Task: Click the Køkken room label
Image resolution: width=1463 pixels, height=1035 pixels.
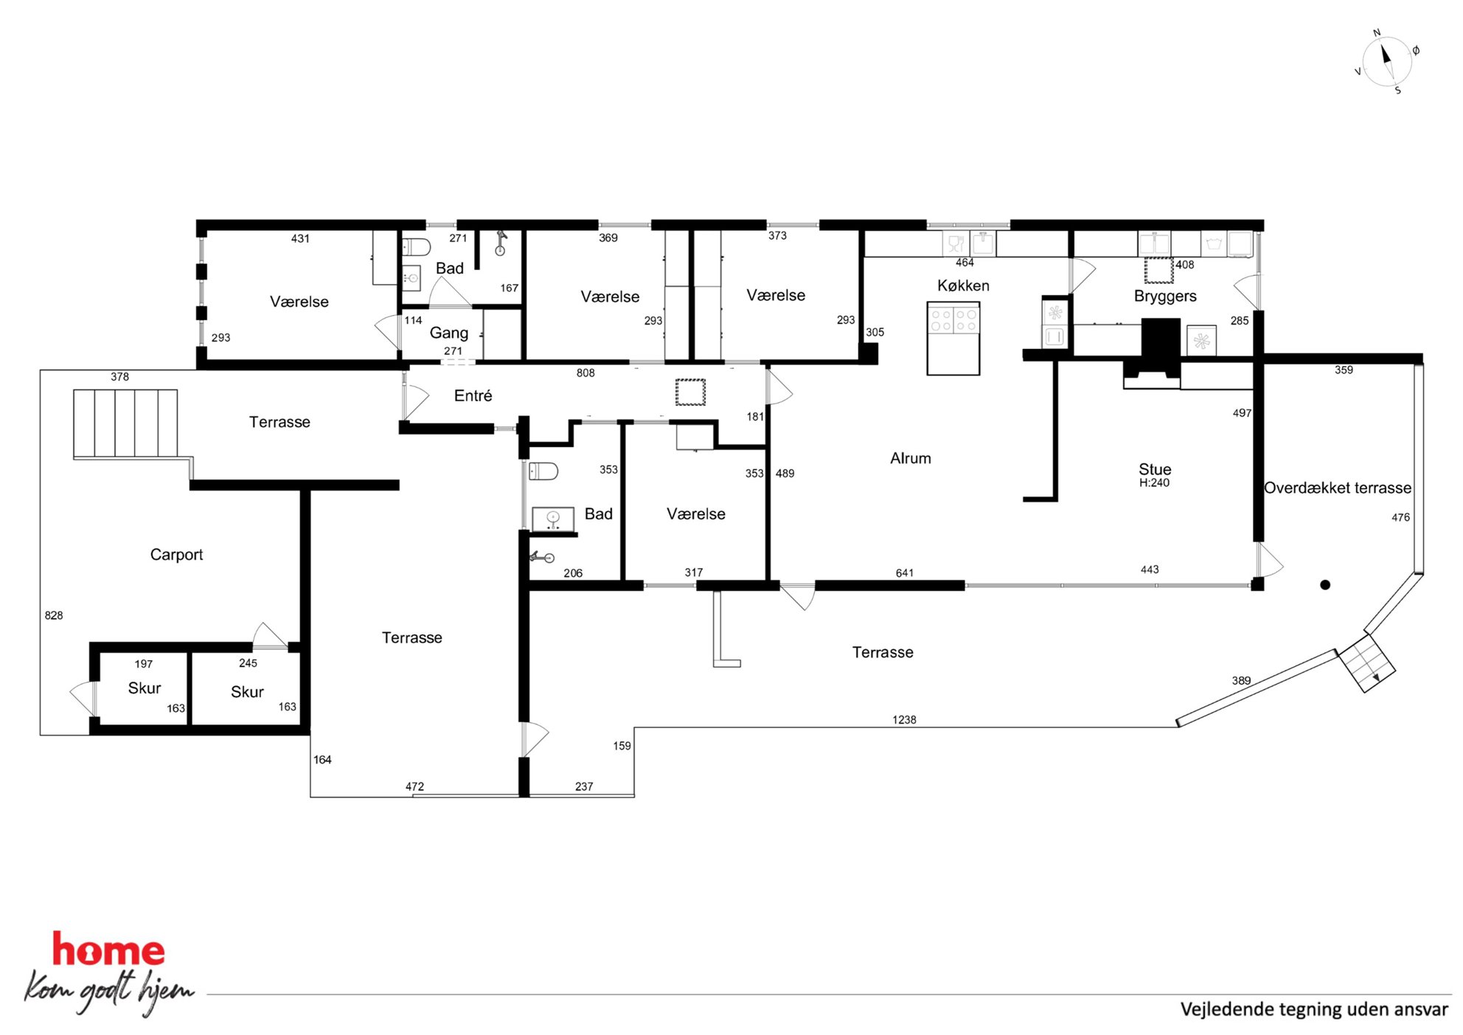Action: [x=963, y=285]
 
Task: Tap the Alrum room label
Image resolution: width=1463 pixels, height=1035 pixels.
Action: [x=910, y=458]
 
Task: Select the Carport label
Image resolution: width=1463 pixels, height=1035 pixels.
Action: [x=176, y=555]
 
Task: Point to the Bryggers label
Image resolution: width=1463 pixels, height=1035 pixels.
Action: [x=1165, y=296]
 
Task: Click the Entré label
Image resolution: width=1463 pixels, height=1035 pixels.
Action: [x=473, y=395]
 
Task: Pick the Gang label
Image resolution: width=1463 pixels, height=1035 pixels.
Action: [x=448, y=333]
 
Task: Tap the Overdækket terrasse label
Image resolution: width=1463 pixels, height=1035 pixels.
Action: [x=1338, y=488]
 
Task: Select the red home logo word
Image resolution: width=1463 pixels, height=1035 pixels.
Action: [x=108, y=949]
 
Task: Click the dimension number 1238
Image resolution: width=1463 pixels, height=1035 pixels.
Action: [x=904, y=720]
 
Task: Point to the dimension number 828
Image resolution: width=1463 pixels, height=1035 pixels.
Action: [x=54, y=615]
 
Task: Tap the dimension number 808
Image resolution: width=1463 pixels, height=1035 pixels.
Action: [x=585, y=373]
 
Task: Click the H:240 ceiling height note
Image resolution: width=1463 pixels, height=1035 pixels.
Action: [x=1154, y=483]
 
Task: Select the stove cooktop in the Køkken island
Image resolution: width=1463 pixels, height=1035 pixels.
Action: [x=953, y=319]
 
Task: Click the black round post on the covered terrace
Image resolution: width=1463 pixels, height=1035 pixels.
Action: [x=1325, y=585]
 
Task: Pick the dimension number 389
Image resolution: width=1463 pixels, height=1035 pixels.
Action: [x=1241, y=681]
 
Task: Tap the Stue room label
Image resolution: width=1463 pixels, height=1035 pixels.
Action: [x=1155, y=469]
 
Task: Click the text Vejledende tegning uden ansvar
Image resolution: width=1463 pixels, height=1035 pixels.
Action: [x=1314, y=1009]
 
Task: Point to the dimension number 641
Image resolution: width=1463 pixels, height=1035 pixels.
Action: [x=905, y=573]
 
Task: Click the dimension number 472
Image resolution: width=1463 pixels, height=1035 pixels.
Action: [x=414, y=786]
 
